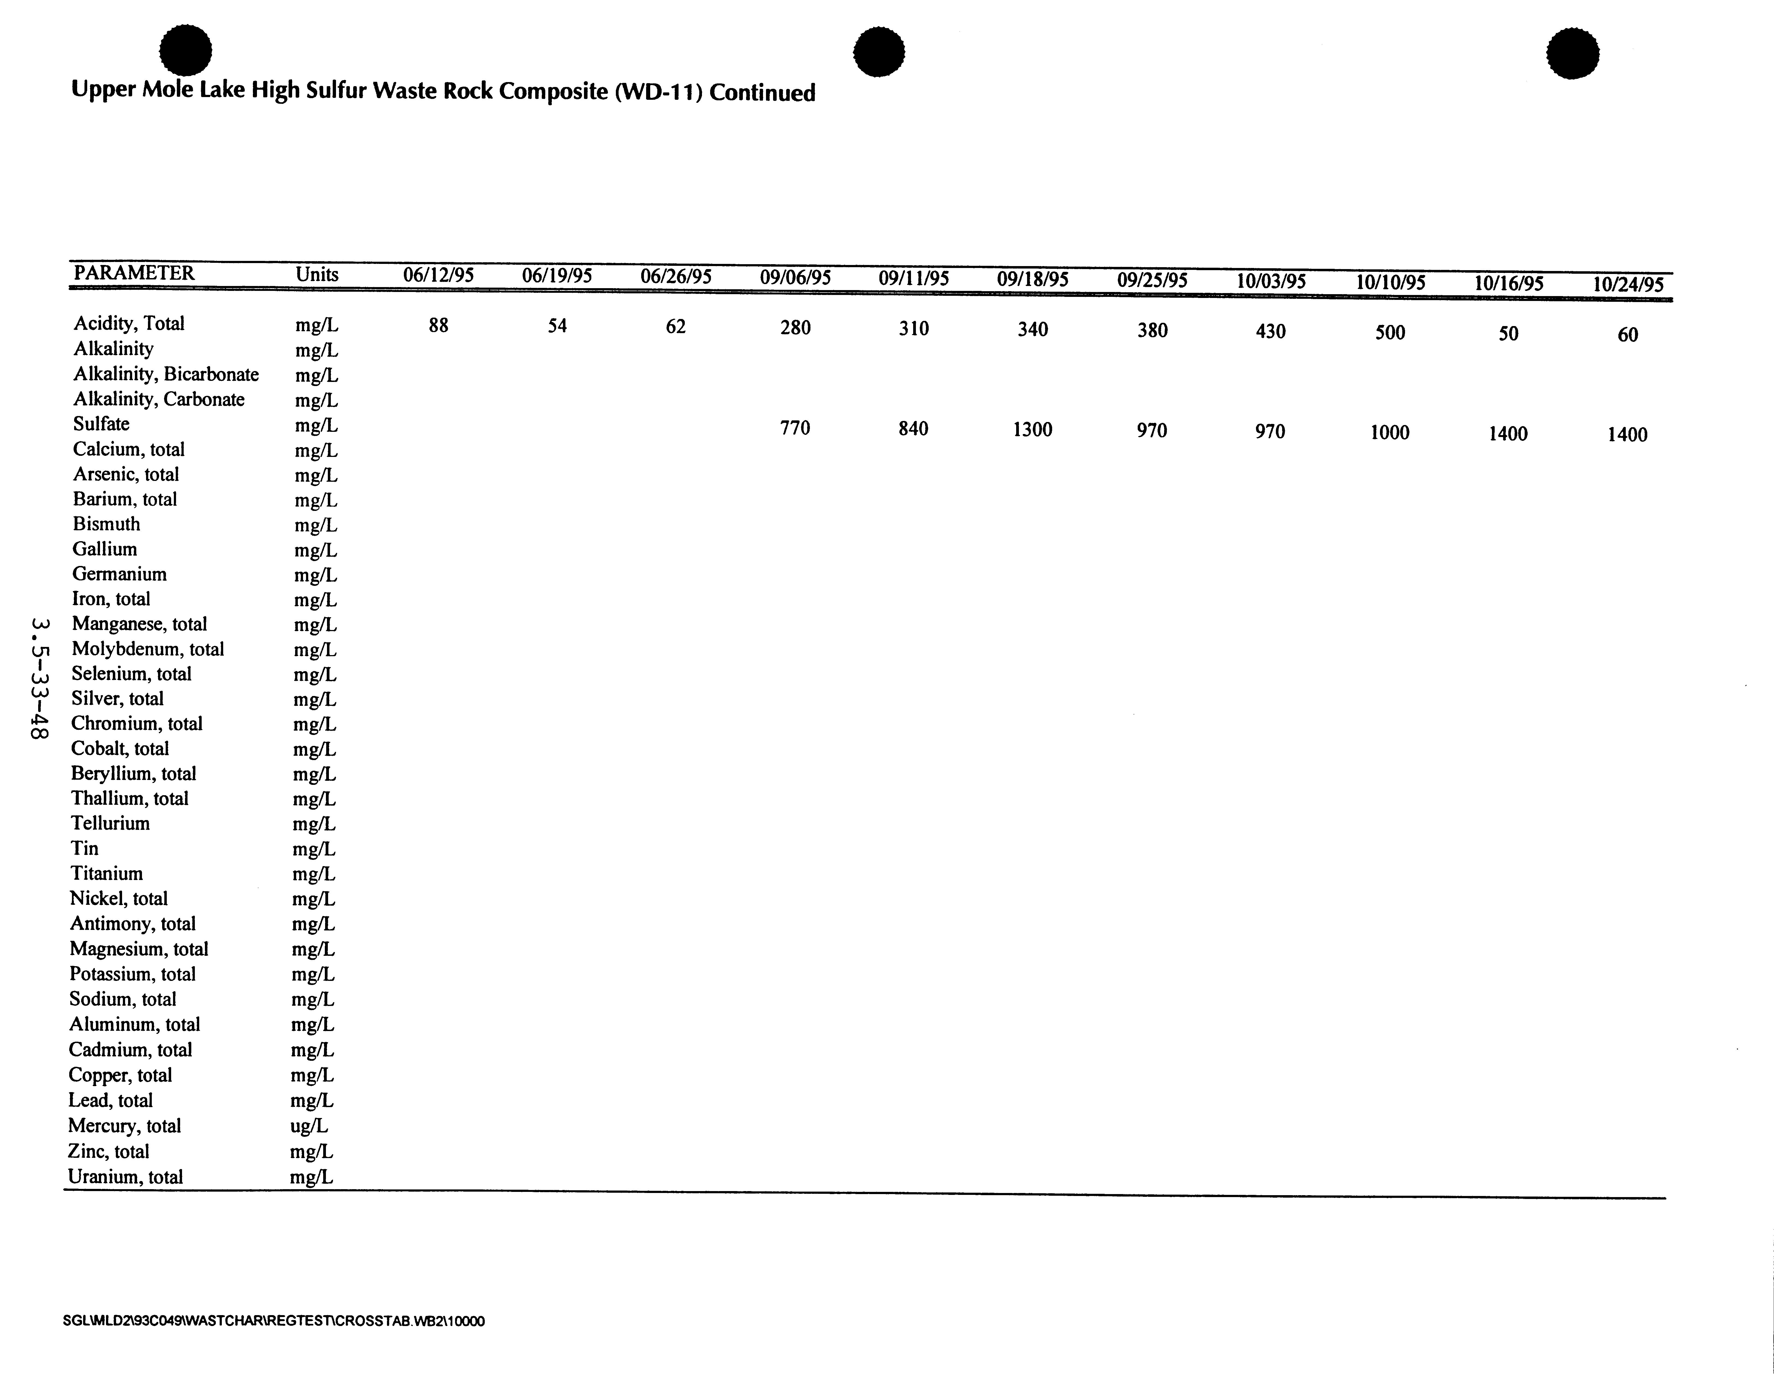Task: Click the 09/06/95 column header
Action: click(x=795, y=278)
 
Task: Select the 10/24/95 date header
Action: click(x=1628, y=284)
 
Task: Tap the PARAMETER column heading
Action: click(x=134, y=273)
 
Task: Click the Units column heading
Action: click(x=317, y=274)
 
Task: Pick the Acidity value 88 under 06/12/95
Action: click(x=439, y=326)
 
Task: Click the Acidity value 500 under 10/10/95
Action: click(x=1390, y=332)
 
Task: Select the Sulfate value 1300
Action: click(x=1033, y=430)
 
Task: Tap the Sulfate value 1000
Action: click(x=1390, y=432)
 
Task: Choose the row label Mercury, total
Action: click(x=124, y=1125)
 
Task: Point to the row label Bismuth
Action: click(x=106, y=524)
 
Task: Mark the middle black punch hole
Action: click(x=879, y=52)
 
